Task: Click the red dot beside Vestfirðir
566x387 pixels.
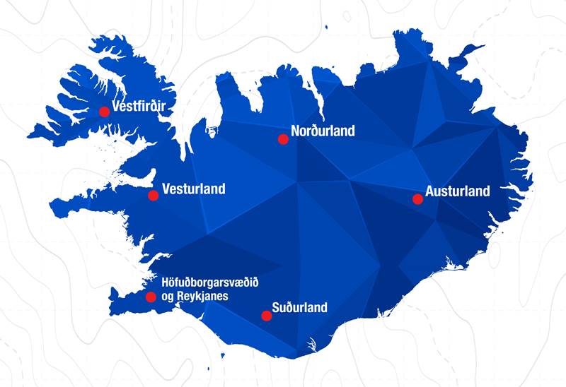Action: click(104, 111)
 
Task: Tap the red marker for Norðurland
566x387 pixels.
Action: click(283, 139)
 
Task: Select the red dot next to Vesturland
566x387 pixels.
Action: click(153, 195)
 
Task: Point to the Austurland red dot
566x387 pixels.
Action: click(417, 199)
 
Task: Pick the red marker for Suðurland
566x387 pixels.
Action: click(266, 316)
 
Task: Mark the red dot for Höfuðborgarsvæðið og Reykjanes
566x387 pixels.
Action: click(151, 297)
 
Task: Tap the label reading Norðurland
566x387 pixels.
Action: click(323, 131)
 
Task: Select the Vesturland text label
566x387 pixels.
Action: click(194, 189)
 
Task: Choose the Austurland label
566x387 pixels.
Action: click(458, 191)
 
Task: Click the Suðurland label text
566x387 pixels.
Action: click(300, 307)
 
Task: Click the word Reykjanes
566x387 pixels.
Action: click(202, 297)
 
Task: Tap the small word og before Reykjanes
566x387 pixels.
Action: click(168, 297)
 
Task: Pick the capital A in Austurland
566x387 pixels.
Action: click(429, 191)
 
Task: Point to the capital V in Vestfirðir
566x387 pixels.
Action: click(117, 107)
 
